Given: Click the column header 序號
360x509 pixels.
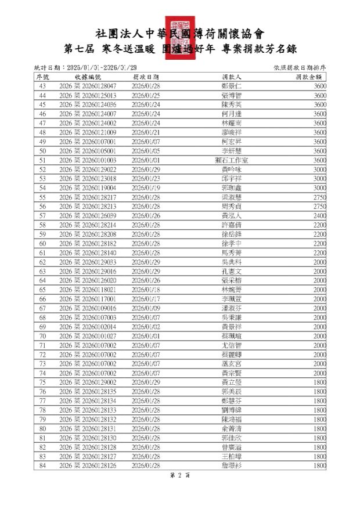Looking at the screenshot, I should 42,77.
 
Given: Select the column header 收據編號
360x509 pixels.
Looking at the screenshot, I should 88,77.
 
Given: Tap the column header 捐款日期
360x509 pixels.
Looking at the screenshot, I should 146,77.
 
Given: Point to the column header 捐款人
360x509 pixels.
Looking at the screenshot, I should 232,77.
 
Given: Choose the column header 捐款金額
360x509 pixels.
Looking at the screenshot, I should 308,77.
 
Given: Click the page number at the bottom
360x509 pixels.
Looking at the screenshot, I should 179,475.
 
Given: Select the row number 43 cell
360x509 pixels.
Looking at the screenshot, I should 42,86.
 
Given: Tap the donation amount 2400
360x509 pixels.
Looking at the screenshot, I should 319,215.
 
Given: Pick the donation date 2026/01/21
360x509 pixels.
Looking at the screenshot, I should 146,132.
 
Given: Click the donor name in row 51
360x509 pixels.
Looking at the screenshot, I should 232,160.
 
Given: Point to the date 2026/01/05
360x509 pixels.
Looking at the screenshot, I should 146,151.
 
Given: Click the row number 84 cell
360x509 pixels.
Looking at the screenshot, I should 42,465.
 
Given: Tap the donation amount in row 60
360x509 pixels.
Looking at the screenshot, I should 319,243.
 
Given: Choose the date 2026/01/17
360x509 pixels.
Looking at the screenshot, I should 146,299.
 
